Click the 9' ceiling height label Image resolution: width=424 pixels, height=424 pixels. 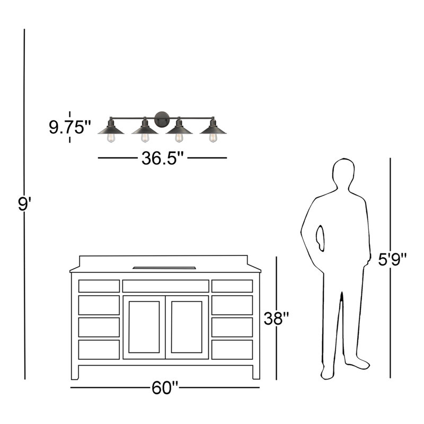tap(24, 204)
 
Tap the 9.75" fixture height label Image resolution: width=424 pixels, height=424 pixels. tap(70, 127)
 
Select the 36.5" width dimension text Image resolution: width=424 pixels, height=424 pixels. tap(163, 158)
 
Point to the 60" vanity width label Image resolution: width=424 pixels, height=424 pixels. tap(165, 388)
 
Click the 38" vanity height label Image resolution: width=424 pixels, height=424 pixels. tap(276, 319)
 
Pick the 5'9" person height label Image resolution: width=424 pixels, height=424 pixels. tap(392, 260)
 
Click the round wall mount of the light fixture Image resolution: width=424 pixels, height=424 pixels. tap(162, 119)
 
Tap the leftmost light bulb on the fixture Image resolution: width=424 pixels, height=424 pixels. tap(111, 138)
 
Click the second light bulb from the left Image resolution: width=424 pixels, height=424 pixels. tap(145, 138)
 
